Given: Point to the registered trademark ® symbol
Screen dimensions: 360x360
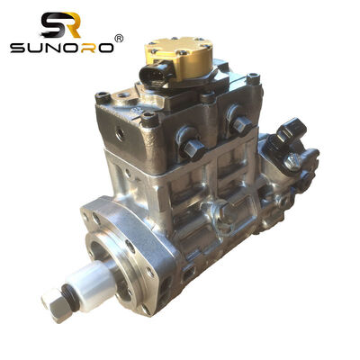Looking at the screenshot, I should (x=119, y=39).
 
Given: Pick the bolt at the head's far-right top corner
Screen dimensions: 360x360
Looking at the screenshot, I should (x=255, y=79).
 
